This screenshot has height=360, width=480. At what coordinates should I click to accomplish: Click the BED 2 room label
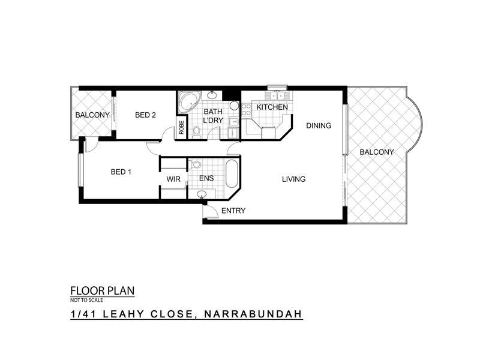(145, 115)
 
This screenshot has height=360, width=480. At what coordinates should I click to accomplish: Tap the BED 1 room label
(121, 172)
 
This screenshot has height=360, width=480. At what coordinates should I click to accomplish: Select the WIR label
(173, 179)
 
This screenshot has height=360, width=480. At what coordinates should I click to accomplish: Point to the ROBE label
(182, 127)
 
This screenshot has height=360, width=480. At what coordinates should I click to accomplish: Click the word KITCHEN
(272, 107)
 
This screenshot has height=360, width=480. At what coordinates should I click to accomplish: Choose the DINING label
(319, 125)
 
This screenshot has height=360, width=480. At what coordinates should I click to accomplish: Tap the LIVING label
(293, 179)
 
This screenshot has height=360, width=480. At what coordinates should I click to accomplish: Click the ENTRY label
(233, 211)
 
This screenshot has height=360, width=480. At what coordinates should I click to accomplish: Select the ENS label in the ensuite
(206, 178)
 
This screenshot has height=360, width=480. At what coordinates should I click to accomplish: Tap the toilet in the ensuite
(195, 164)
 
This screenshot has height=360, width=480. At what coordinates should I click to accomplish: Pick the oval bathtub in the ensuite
(232, 173)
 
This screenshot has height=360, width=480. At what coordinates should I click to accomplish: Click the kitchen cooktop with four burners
(247, 110)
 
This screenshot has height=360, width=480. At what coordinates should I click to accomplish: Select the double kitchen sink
(277, 95)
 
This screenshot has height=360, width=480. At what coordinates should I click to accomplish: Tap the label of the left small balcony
(92, 115)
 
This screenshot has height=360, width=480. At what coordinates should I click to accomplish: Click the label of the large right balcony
(377, 152)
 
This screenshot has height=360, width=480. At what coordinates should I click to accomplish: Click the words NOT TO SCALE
(86, 300)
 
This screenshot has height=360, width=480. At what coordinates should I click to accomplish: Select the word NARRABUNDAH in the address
(253, 314)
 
